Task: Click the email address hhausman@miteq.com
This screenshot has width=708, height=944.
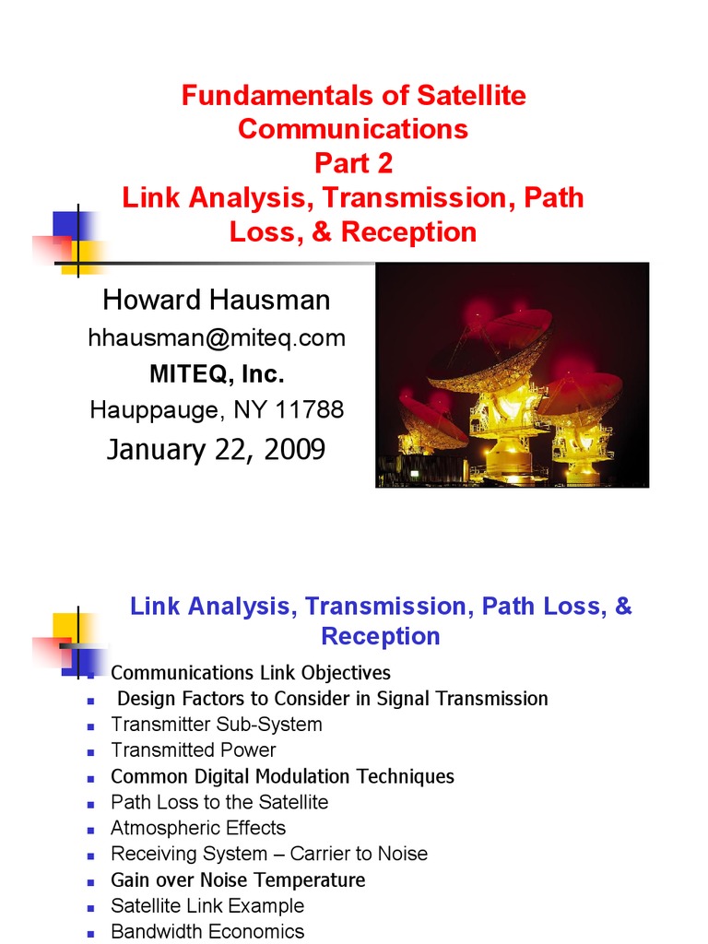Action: (217, 338)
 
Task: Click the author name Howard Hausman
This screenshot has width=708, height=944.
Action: (217, 300)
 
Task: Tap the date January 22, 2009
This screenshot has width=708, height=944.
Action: (216, 449)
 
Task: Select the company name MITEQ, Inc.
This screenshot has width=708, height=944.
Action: (217, 374)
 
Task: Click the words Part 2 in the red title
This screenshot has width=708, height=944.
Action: (353, 163)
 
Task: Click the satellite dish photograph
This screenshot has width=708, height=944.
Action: (513, 374)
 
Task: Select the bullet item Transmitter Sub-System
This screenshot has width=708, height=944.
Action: (217, 725)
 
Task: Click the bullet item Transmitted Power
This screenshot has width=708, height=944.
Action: (194, 750)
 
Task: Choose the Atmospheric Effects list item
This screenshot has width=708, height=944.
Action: (198, 828)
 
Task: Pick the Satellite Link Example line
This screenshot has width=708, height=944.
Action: (207, 906)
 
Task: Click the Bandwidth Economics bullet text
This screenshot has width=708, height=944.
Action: (207, 932)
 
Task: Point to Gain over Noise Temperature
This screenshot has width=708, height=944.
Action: (238, 880)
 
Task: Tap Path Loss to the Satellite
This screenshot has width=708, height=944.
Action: (219, 802)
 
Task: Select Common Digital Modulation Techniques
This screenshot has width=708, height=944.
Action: (282, 776)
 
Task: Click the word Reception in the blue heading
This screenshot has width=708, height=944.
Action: (381, 636)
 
